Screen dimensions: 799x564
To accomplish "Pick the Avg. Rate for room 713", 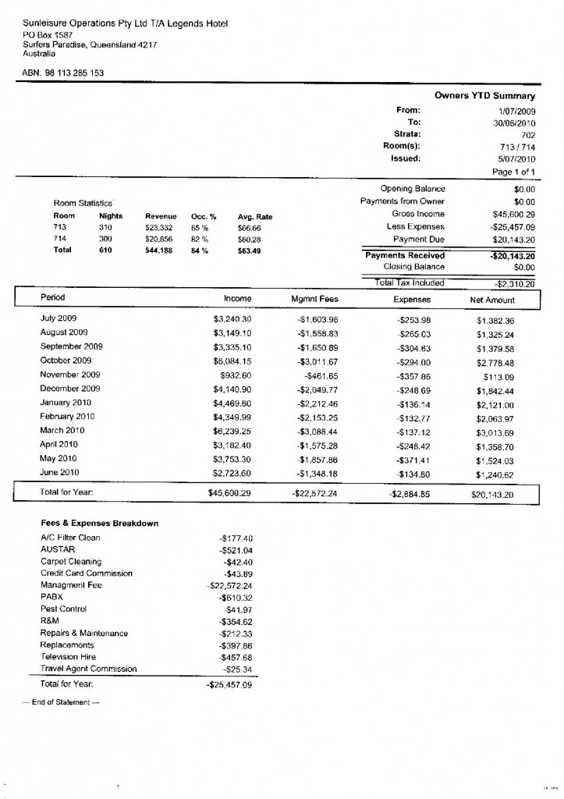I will [250, 227].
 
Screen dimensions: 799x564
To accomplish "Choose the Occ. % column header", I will [204, 215].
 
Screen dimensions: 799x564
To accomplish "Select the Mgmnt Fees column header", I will [314, 298].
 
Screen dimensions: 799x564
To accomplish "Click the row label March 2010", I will [62, 430].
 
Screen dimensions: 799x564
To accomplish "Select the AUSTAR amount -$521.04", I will [236, 550].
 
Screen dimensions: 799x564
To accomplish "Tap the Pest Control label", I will [63, 609].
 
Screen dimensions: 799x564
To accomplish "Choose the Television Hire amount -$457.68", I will [236, 657].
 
